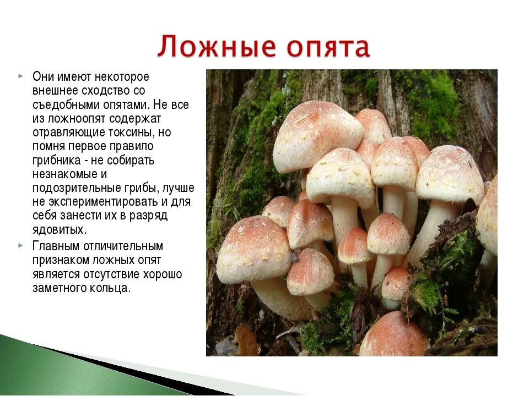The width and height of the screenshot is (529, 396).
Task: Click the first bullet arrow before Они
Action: point(20,76)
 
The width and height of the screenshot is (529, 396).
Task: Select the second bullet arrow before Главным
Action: point(20,245)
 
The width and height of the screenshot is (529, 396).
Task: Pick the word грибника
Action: point(57,161)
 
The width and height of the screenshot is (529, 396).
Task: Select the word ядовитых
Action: point(60,230)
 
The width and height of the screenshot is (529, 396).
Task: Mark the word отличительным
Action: point(123,246)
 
